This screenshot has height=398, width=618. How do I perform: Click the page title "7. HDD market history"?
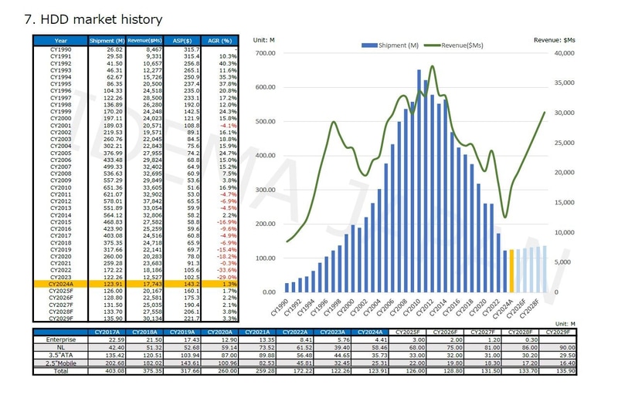(94, 19)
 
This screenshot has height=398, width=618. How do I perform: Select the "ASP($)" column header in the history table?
(181, 40)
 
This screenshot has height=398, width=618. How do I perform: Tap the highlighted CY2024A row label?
(61, 284)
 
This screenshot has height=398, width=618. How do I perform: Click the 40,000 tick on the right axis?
(564, 53)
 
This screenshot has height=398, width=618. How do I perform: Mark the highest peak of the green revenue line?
(432, 67)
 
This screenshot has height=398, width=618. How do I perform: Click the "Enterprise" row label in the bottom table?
(61, 338)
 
